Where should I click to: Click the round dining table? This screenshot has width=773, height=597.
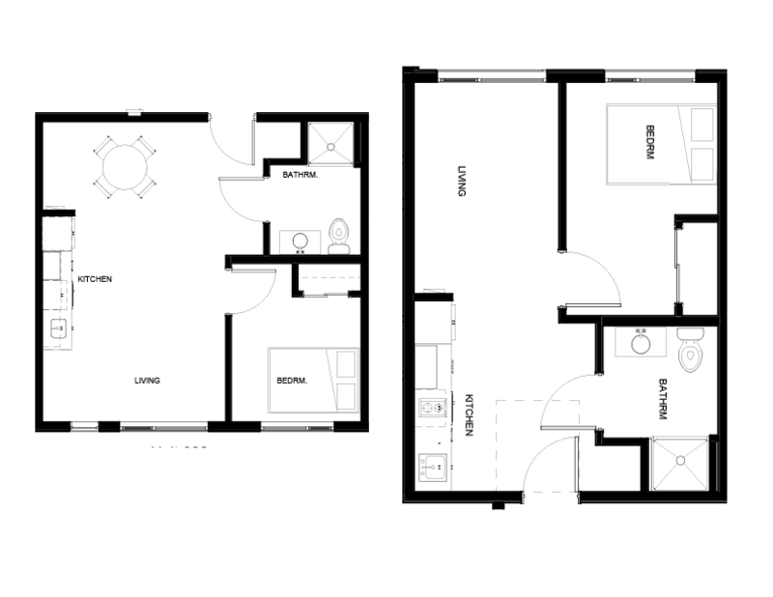pyautogui.click(x=124, y=166)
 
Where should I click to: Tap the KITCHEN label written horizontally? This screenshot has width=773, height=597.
pyautogui.click(x=95, y=279)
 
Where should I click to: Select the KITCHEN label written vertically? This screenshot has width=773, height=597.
pyautogui.click(x=470, y=415)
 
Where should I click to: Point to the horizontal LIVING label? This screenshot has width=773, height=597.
pyautogui.click(x=147, y=381)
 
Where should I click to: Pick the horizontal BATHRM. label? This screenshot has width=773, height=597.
pyautogui.click(x=301, y=176)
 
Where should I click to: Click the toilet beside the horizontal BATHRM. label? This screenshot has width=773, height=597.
pyautogui.click(x=338, y=235)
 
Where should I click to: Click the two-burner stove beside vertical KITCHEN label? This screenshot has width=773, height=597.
pyautogui.click(x=431, y=409)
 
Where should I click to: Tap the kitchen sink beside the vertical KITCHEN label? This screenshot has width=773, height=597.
pyautogui.click(x=431, y=468)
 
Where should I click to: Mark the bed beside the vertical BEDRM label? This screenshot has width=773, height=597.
pyautogui.click(x=661, y=143)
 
